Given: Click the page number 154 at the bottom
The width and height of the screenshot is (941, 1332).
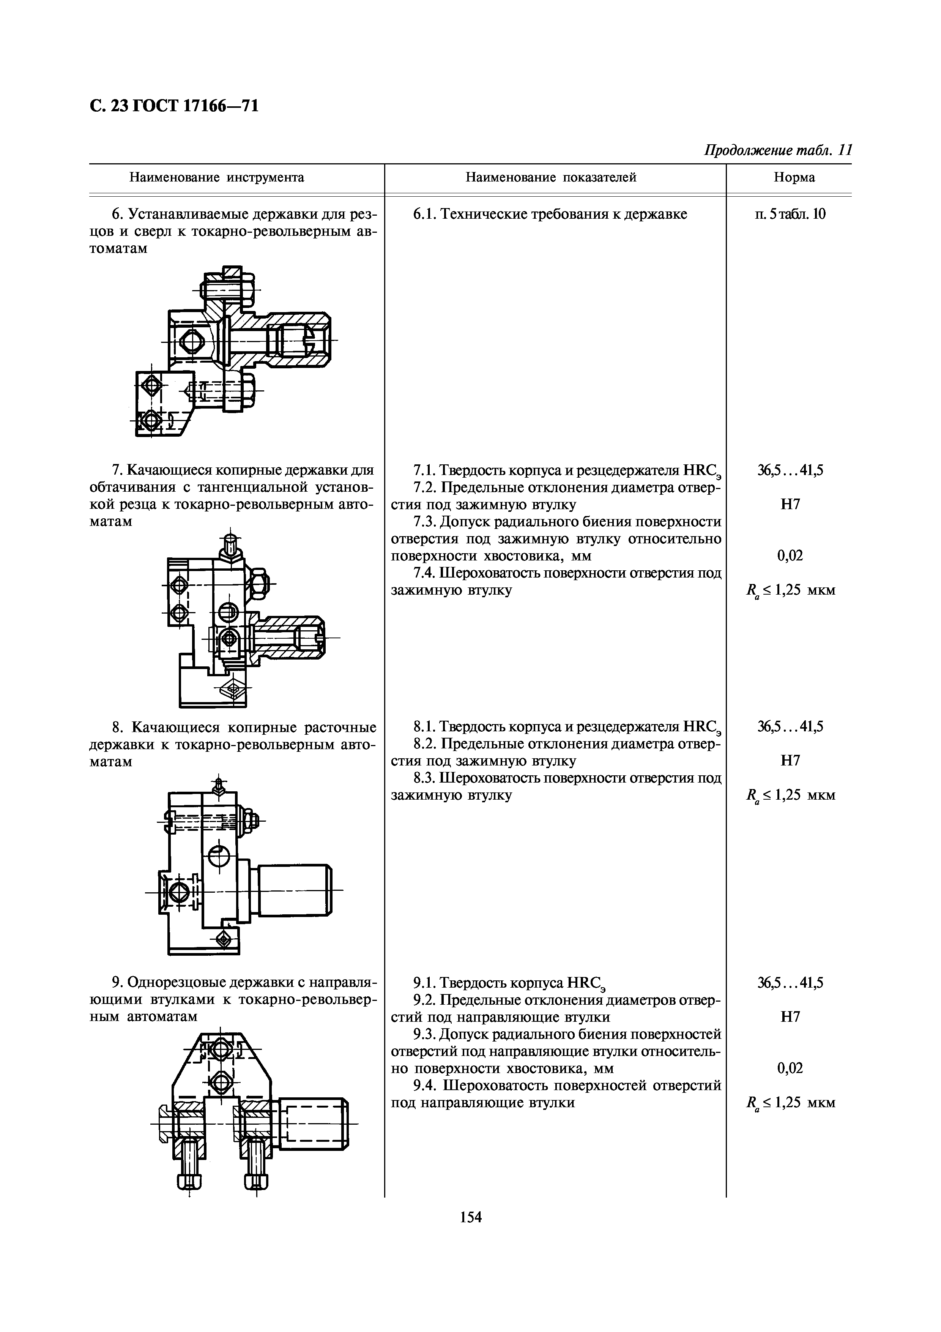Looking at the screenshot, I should pyautogui.click(x=471, y=1217).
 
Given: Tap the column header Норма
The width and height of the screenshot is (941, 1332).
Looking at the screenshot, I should pyautogui.click(x=794, y=178).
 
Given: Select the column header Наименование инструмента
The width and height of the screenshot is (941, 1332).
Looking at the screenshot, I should pyautogui.click(x=216, y=178).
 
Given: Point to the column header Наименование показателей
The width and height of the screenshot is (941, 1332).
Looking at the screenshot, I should pyautogui.click(x=551, y=178).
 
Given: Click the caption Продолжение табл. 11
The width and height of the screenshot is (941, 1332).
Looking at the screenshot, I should pyautogui.click(x=777, y=151).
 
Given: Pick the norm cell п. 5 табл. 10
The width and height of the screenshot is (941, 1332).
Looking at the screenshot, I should pyautogui.click(x=790, y=214).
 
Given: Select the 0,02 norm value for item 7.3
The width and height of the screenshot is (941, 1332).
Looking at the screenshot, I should pyautogui.click(x=790, y=556).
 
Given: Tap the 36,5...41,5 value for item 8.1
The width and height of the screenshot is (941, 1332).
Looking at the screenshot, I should pyautogui.click(x=790, y=726).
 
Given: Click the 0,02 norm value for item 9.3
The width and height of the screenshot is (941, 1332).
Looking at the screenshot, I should pyautogui.click(x=790, y=1068).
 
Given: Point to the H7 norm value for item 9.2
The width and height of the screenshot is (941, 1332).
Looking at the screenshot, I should pyautogui.click(x=790, y=1017).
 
